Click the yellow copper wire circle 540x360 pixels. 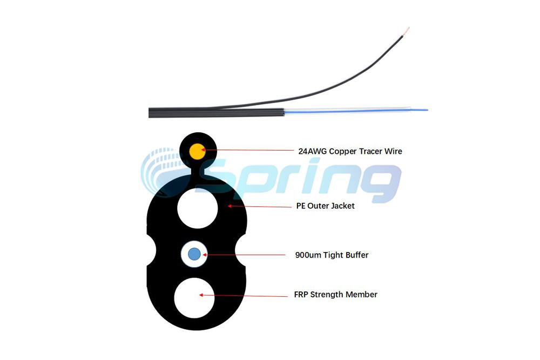pyautogui.click(x=198, y=152)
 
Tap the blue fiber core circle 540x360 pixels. pyautogui.click(x=194, y=254)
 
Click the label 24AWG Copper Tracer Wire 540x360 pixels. pyautogui.click(x=350, y=151)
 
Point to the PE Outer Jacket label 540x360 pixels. pyautogui.click(x=325, y=206)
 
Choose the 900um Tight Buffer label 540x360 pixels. pyautogui.click(x=332, y=255)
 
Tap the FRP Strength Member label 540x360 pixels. pyautogui.click(x=335, y=295)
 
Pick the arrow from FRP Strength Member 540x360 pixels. pyautogui.click(x=242, y=295)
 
